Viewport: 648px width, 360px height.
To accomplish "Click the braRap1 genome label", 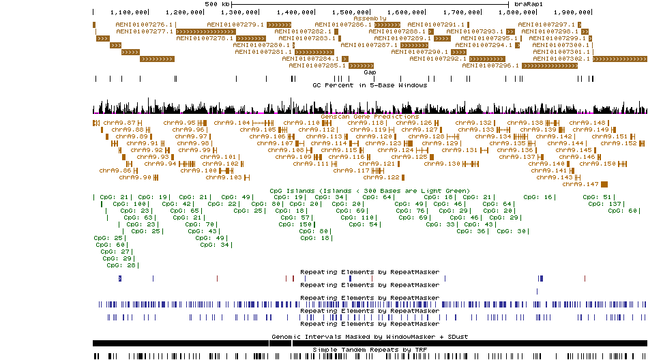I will click(x=529, y=4).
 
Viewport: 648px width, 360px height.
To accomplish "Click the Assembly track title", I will click(x=369, y=18).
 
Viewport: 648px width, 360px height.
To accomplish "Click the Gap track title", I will click(x=370, y=72).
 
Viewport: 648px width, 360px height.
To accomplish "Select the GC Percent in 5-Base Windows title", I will click(x=370, y=85).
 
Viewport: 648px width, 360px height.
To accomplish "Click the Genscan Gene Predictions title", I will click(x=370, y=117).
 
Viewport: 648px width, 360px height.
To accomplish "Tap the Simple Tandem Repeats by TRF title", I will click(x=370, y=350).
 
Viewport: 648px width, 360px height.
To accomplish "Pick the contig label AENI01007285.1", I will click(x=317, y=66).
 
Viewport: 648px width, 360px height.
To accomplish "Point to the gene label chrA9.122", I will click(x=380, y=177).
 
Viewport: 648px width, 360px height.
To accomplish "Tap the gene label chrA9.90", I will click(x=135, y=177).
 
